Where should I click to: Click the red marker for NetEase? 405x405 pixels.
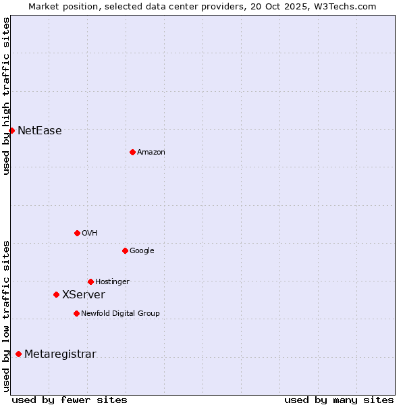(x=11, y=130)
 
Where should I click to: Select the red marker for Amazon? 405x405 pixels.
(x=132, y=152)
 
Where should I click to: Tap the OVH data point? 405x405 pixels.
(x=77, y=233)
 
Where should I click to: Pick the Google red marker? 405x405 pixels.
(x=125, y=250)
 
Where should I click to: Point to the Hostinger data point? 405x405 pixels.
(x=90, y=281)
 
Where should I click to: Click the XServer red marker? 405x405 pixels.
(x=56, y=294)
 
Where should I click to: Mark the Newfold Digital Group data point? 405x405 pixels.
(x=76, y=313)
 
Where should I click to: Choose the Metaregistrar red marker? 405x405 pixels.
(x=18, y=354)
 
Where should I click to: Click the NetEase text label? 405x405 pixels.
(x=40, y=131)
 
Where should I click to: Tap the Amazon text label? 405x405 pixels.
(x=151, y=153)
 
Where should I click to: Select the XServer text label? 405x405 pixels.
(x=84, y=295)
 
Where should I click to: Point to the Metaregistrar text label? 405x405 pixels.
(x=60, y=354)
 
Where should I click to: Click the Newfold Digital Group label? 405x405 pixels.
(x=120, y=314)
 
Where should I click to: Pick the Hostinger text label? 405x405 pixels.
(x=112, y=282)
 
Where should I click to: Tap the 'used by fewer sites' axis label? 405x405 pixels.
(x=70, y=400)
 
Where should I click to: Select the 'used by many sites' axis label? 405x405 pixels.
(x=339, y=400)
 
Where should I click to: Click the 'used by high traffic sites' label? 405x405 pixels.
(x=6, y=96)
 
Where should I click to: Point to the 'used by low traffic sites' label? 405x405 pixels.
(x=6, y=316)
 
